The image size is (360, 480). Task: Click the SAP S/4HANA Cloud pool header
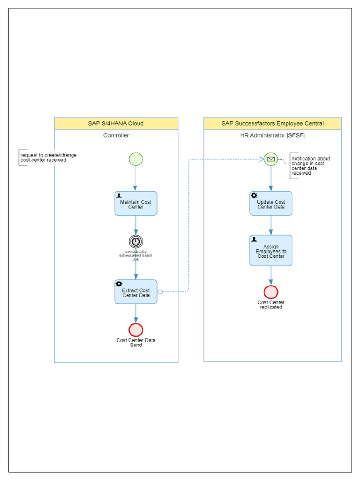116,124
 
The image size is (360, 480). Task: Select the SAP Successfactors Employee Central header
272,124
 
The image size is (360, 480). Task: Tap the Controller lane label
116,135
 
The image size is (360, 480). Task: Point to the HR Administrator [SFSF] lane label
272,135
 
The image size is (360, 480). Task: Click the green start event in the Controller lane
135,159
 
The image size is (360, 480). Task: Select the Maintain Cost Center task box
136,204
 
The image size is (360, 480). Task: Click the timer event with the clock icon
135,241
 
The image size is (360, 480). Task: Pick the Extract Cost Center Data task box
136,292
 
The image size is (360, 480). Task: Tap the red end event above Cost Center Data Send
135,330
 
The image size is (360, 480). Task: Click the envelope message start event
270,159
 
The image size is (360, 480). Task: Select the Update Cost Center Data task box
271,204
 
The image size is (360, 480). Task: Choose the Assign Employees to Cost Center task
271,251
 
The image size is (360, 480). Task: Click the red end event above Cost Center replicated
271,292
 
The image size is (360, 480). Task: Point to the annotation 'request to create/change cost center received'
48,157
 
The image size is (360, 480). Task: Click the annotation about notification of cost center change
311,166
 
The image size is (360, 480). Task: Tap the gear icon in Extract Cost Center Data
119,284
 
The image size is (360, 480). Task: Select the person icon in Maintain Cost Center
119,195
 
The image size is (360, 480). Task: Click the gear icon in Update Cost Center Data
254,195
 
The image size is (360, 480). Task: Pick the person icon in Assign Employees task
254,239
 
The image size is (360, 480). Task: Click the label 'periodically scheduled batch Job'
135,255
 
